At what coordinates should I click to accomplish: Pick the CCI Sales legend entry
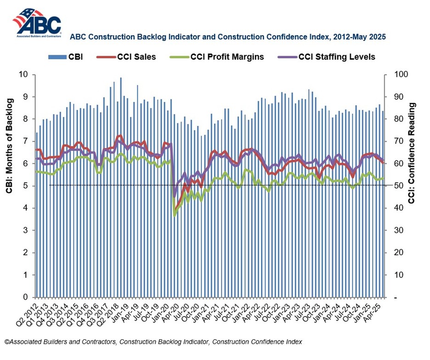[x=126, y=57]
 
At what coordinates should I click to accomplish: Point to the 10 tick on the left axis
[x=23, y=74]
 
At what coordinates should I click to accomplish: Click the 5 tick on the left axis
[x=26, y=186]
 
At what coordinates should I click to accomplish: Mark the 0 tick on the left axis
[x=26, y=297]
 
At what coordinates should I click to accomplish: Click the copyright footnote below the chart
[x=153, y=342]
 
